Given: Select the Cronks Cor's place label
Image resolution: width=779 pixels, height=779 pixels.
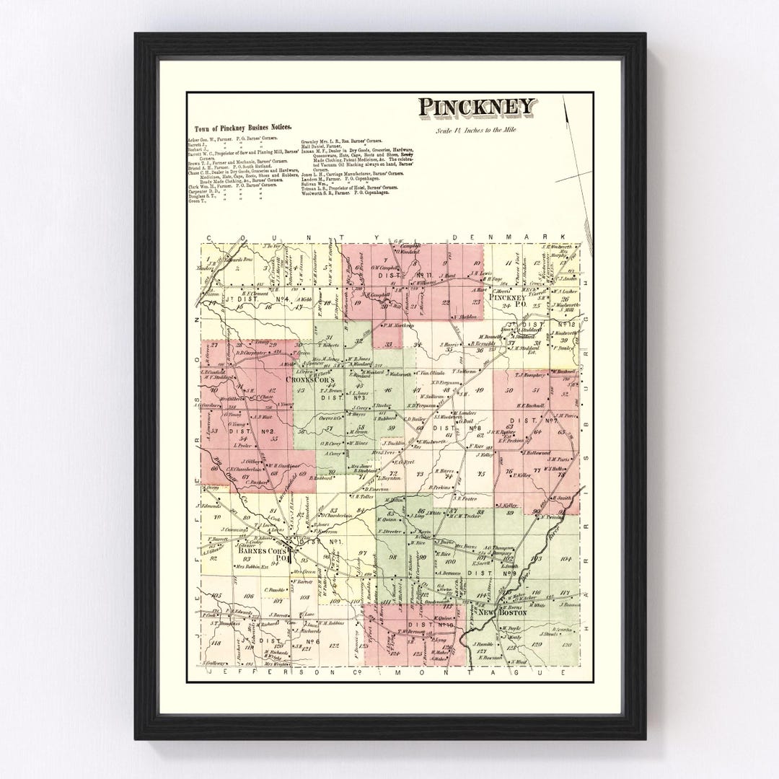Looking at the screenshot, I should point(312,379).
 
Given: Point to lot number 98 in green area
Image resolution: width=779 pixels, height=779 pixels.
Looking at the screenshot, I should point(393,558).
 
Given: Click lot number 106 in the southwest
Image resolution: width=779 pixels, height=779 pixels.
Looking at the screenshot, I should point(248,596).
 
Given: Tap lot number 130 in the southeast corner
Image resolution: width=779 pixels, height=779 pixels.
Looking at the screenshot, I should point(568,643).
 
